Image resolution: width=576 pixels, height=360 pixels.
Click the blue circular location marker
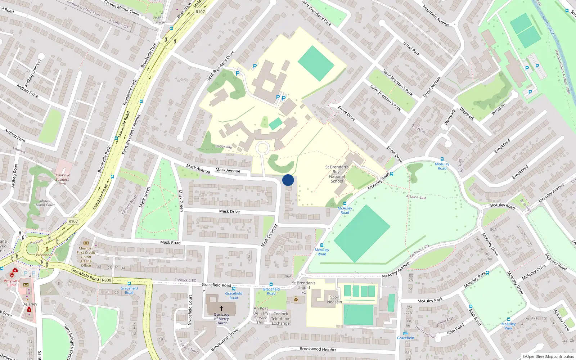click(x=288, y=180)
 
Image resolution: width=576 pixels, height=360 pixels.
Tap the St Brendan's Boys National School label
click(x=337, y=174)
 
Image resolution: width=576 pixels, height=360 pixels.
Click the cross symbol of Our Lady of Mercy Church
click(x=221, y=309)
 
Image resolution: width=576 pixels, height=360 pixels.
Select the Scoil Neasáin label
click(x=334, y=300)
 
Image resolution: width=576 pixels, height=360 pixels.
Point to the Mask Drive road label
click(x=229, y=211)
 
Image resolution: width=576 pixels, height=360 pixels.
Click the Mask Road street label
click(x=170, y=242)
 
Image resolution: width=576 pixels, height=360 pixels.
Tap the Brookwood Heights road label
click(x=318, y=349)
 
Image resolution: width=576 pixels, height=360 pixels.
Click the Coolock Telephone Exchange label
click(x=280, y=319)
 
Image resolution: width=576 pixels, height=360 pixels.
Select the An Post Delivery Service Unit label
click(x=261, y=315)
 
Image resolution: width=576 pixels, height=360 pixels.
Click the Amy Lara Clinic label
click(x=12, y=283)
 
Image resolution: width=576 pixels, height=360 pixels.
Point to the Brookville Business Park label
click(x=62, y=179)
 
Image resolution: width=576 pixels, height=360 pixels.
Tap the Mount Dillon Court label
click(x=45, y=203)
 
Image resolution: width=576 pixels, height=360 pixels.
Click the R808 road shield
click(x=107, y=280)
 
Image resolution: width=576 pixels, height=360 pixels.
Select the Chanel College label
click(x=158, y=20)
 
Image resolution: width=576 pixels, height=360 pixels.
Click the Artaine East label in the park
click(x=416, y=197)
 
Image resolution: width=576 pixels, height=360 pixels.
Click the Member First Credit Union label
click(x=86, y=257)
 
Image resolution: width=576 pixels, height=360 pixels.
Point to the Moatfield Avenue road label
click(x=436, y=15)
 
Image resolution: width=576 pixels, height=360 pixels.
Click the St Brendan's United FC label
click(x=303, y=287)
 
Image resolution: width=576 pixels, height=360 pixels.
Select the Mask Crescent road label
click(x=269, y=235)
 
